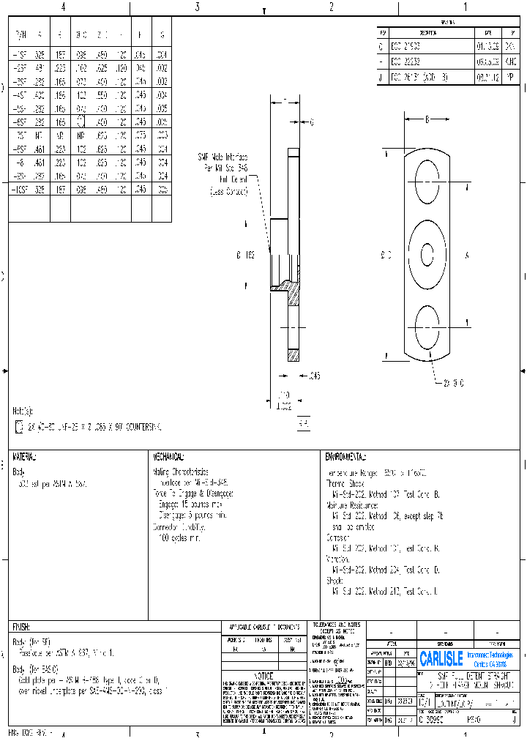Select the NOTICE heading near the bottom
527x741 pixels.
point(263,675)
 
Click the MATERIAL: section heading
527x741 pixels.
point(25,457)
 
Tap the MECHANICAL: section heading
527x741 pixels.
point(169,457)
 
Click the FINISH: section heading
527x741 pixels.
point(20,628)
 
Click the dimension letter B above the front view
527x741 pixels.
point(427,118)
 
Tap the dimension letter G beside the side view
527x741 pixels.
point(311,122)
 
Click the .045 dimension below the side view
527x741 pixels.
point(315,376)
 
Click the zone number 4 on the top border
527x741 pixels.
point(63,7)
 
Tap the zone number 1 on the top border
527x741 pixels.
point(465,7)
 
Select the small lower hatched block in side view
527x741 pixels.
point(294,355)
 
